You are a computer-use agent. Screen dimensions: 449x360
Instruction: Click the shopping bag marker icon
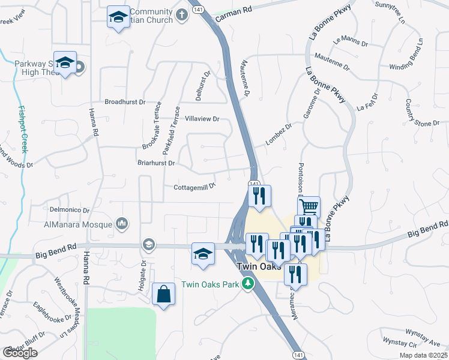pyautogui.click(x=163, y=294)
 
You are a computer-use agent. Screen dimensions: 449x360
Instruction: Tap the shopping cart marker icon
pyautogui.click(x=309, y=207)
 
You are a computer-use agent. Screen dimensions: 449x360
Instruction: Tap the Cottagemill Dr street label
pyautogui.click(x=194, y=187)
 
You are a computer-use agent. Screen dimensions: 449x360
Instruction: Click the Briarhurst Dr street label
pyautogui.click(x=154, y=163)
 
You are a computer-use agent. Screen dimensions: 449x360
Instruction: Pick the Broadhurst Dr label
pyautogui.click(x=125, y=102)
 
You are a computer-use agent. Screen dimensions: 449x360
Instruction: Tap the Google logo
pyautogui.click(x=20, y=353)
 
